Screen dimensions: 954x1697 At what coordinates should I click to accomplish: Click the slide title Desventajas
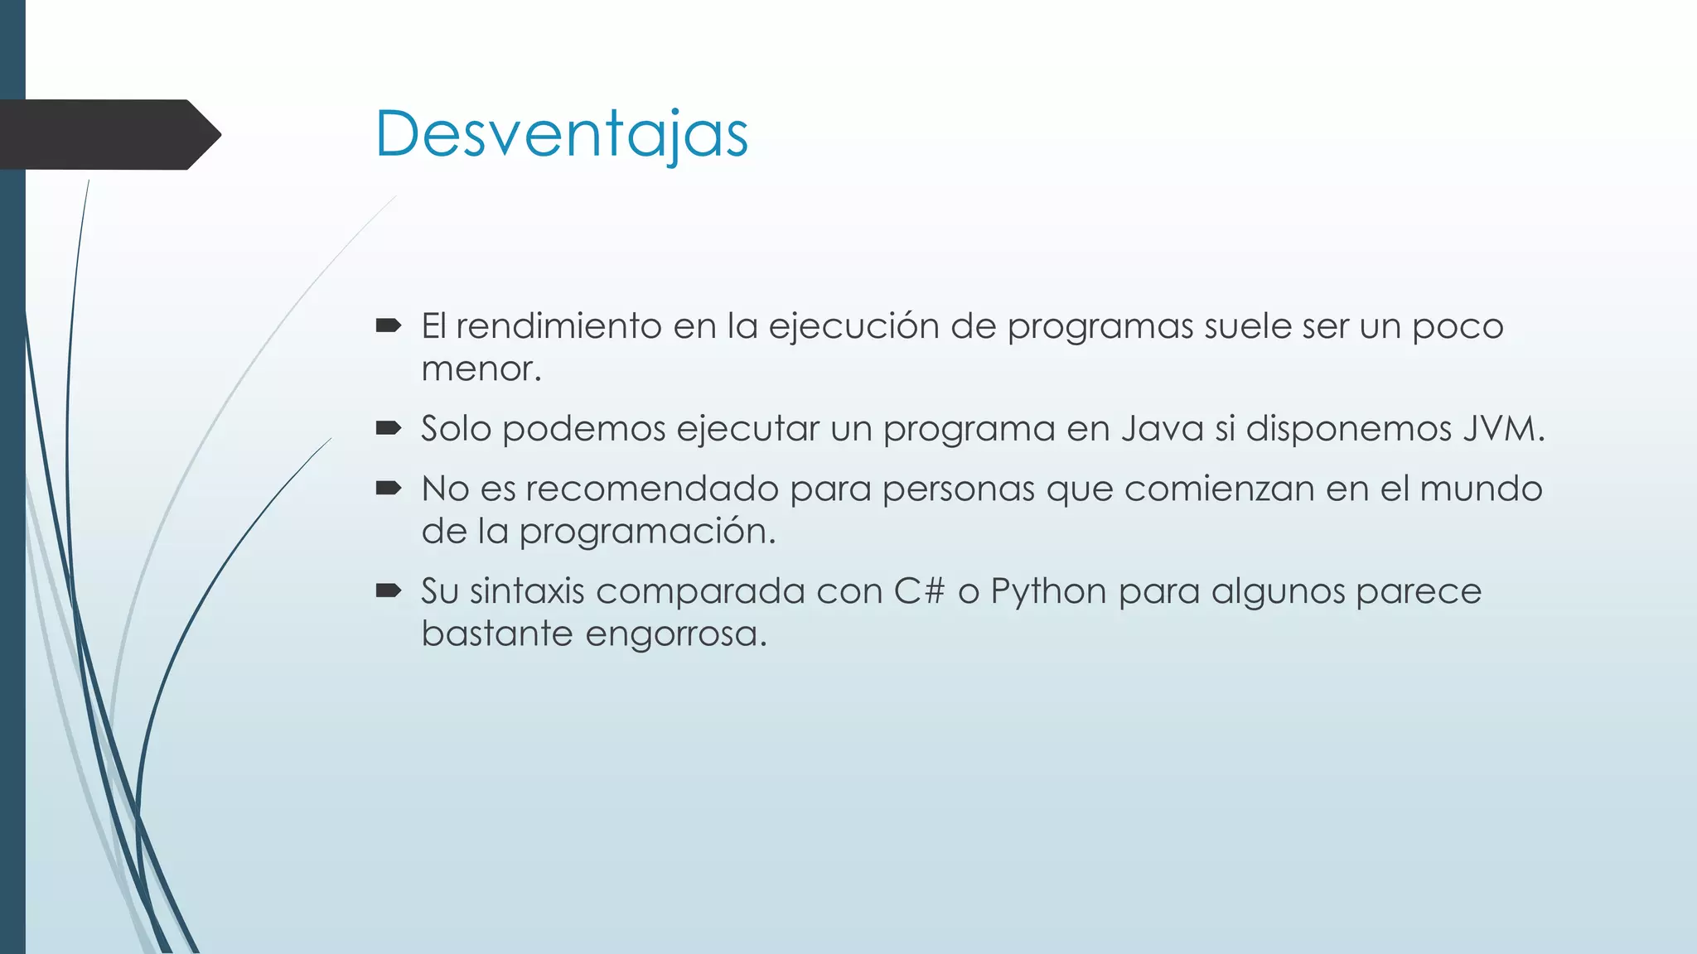tap(562, 134)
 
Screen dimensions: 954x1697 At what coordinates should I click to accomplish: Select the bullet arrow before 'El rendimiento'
tap(388, 326)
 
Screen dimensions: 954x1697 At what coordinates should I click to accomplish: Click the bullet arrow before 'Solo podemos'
tap(388, 429)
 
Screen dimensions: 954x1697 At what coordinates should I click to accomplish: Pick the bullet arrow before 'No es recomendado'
tap(388, 489)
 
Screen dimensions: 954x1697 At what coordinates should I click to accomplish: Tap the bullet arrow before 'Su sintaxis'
tap(388, 591)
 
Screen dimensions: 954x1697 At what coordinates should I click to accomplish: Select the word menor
tap(480, 369)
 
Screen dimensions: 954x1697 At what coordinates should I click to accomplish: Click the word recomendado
tap(652, 489)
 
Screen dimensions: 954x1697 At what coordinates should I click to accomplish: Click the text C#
tap(919, 591)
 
